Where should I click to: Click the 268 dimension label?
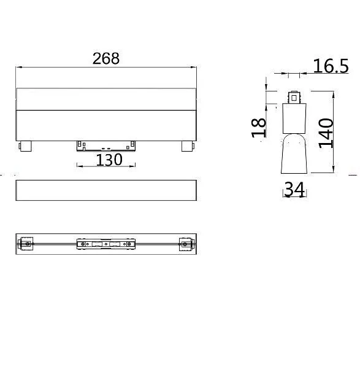pyautogui.click(x=106, y=58)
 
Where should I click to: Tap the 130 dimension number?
pyautogui.click(x=109, y=160)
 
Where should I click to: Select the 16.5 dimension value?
pyautogui.click(x=331, y=66)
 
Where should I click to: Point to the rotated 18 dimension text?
pyautogui.click(x=259, y=128)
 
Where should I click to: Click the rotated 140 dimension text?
pyautogui.click(x=326, y=133)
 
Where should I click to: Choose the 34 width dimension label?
pyautogui.click(x=294, y=189)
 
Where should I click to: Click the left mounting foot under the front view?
pyautogui.click(x=25, y=146)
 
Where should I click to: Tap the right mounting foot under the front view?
pyautogui.click(x=188, y=146)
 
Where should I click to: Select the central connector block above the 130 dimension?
pyautogui.click(x=106, y=146)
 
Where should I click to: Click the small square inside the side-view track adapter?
pyautogui.click(x=294, y=98)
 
